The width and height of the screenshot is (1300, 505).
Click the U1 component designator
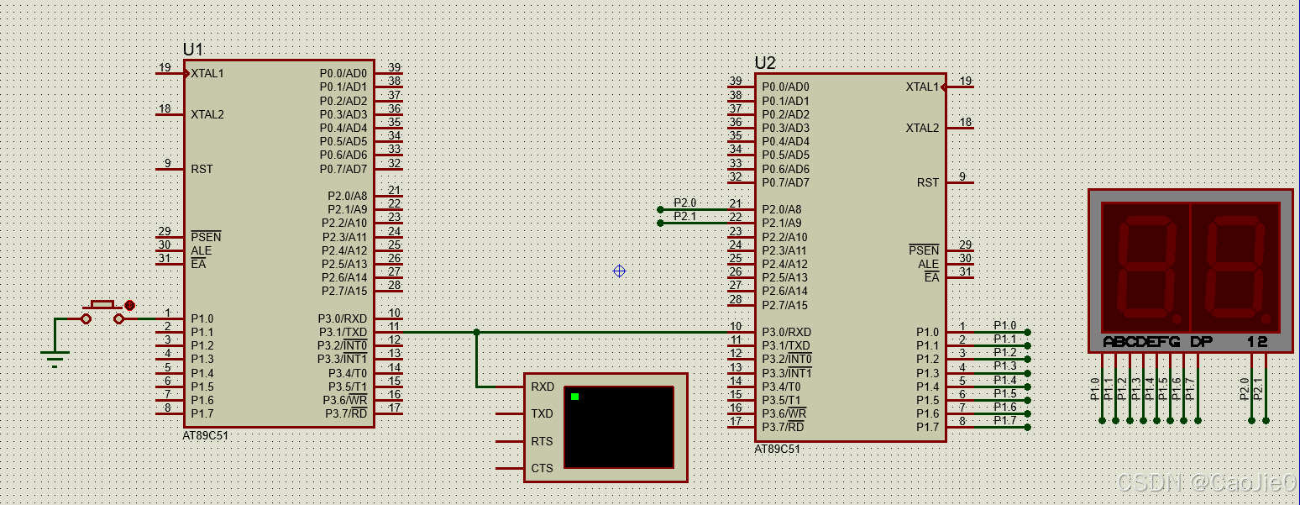[x=193, y=50]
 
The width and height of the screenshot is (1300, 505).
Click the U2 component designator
[x=765, y=63]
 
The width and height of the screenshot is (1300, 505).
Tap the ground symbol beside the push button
[x=55, y=357]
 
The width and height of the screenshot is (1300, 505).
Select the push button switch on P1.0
[x=103, y=312]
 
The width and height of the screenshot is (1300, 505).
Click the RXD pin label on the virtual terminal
[x=543, y=387]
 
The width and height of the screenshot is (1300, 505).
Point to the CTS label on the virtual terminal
[x=542, y=468]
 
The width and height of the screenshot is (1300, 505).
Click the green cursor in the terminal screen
[x=575, y=397]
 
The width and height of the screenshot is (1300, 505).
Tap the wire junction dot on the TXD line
[x=476, y=332]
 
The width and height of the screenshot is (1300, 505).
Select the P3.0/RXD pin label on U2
[x=786, y=332]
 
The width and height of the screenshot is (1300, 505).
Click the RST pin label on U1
[x=202, y=169]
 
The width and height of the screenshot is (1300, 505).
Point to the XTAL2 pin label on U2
[x=922, y=128]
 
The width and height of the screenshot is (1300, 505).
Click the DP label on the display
[x=1201, y=342]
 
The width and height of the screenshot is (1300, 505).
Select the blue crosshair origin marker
[x=619, y=271]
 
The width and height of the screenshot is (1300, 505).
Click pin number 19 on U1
[x=165, y=67]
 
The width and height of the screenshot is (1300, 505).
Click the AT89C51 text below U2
[x=778, y=449]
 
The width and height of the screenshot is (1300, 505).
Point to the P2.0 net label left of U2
[x=685, y=203]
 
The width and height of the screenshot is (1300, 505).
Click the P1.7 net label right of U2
[x=1004, y=420]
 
